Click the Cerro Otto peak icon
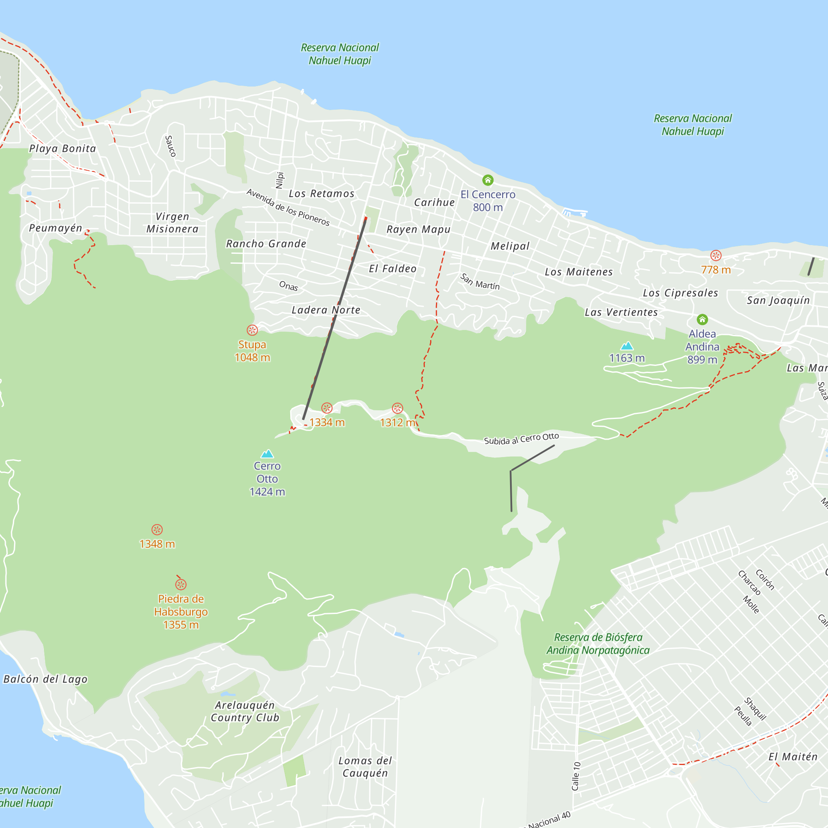coord(267,454)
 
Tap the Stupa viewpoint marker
coord(252,330)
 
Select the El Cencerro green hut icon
coord(488,180)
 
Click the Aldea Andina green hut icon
coord(702,319)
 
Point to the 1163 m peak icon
coord(627,346)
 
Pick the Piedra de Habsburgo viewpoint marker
coord(181,585)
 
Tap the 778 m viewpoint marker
coord(716,255)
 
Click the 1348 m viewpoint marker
coord(157,530)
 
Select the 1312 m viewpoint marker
coord(397,408)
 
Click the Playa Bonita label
coord(63,149)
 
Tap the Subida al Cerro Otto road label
coord(521,439)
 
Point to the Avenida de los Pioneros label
coord(288,207)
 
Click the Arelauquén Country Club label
coord(245,711)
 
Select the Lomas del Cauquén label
coord(365,767)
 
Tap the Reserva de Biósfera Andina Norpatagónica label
coord(598,644)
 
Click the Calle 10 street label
coord(576,776)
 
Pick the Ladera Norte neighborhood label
coord(326,310)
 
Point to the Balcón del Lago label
coord(46,679)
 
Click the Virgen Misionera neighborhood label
coord(172,223)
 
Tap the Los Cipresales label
coord(680,293)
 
